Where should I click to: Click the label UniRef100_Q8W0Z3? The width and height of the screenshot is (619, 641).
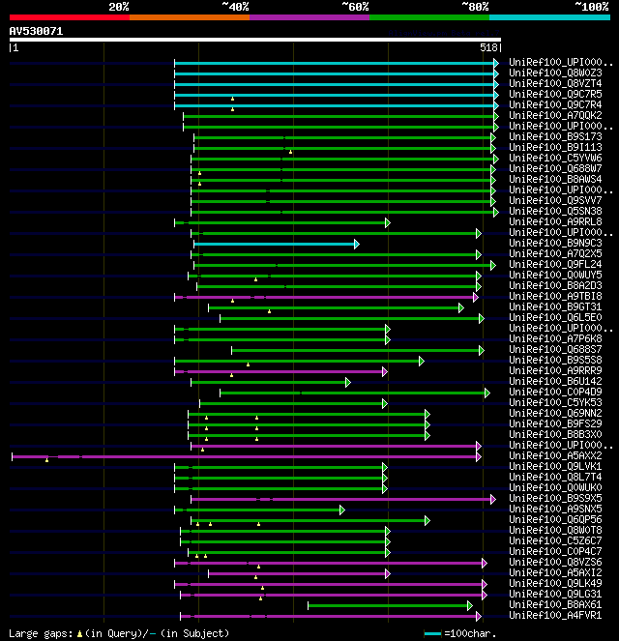click(x=555, y=73)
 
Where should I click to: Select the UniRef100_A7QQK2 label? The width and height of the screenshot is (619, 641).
click(x=555, y=115)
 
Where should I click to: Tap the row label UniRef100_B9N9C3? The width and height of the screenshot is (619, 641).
click(x=555, y=243)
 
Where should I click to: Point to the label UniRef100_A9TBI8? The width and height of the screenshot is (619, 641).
click(x=555, y=296)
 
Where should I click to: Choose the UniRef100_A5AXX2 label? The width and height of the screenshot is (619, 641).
click(x=555, y=455)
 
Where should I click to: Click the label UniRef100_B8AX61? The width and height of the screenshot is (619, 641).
click(x=555, y=604)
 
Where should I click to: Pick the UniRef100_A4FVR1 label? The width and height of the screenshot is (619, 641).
click(x=555, y=615)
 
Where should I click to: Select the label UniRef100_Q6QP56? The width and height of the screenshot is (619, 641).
click(x=555, y=519)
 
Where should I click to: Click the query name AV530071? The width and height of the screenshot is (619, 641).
click(x=36, y=31)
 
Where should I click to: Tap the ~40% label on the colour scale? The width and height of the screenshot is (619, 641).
click(x=235, y=6)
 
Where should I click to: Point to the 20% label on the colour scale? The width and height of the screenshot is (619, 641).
click(x=119, y=6)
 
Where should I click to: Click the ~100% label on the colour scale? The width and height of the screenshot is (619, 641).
click(x=591, y=6)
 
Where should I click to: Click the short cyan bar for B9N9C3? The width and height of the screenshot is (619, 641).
click(x=276, y=244)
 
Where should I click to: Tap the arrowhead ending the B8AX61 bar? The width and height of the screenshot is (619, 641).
click(x=480, y=605)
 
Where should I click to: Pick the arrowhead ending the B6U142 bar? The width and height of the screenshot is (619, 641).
click(x=347, y=382)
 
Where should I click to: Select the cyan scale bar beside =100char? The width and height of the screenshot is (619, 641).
click(x=433, y=633)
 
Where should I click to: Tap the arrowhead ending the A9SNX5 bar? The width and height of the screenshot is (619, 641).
click(x=340, y=510)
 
